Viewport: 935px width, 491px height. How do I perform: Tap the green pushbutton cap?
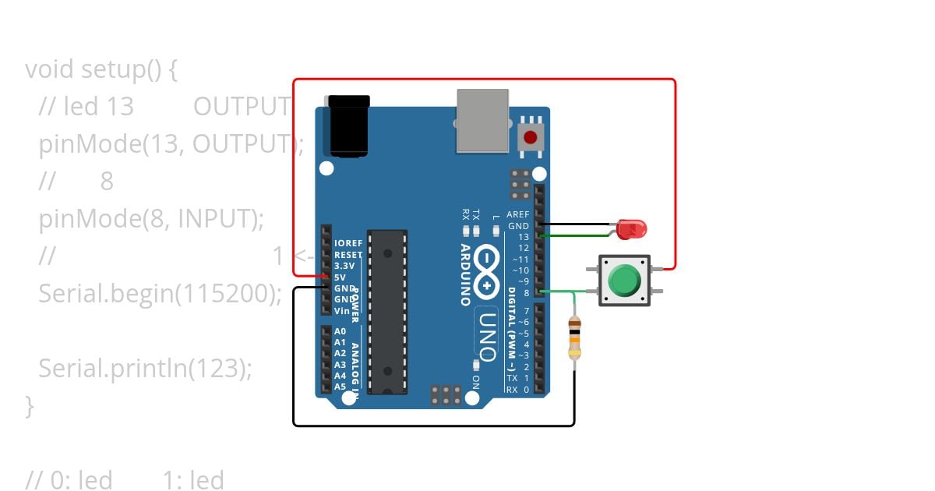pos(623,280)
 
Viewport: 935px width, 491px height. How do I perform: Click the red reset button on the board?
pos(531,138)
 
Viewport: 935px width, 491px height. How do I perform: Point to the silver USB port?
pos(482,121)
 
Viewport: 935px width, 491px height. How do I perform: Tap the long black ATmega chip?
pos(387,311)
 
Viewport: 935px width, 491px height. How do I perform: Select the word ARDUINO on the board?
pos(464,274)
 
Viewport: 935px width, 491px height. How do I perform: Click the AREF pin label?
pos(517,214)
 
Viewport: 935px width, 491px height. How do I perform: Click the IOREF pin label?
pos(348,243)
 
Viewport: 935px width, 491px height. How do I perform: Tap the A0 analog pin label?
pos(340,331)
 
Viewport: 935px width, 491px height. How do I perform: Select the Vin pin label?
pos(341,311)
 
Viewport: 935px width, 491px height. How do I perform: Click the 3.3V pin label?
pos(344,266)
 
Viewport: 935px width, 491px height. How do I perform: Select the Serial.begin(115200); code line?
pos(159,294)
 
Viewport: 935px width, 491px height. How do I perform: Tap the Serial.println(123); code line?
pos(146,368)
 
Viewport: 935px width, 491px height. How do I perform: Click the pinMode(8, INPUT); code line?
pos(151,219)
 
